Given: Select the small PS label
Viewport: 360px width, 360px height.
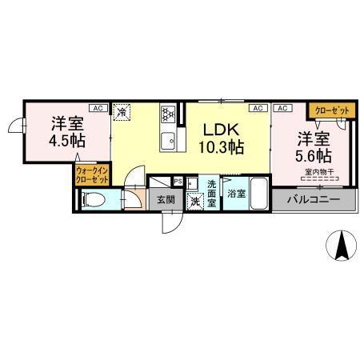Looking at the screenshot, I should pos(178,181).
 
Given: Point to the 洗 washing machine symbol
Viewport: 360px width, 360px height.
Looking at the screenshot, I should pos(193,201).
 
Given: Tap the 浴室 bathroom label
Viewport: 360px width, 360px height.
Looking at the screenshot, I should pos(235,194).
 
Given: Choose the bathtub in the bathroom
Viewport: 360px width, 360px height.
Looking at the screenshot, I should pos(257,194).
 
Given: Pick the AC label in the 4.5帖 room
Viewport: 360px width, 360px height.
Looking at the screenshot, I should pos(95,107).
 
